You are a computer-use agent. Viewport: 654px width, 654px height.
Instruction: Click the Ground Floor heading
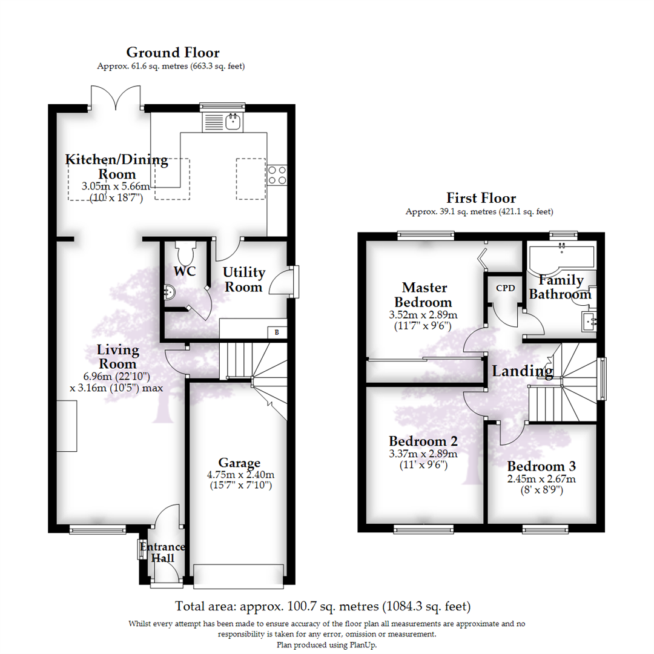click(173, 53)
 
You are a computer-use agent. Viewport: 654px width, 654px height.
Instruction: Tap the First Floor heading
click(481, 197)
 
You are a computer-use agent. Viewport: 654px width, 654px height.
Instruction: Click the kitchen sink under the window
click(223, 122)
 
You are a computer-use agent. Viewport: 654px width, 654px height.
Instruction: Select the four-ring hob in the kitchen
click(277, 175)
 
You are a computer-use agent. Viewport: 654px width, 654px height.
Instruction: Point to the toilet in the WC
click(185, 251)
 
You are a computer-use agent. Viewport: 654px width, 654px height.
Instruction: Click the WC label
click(184, 271)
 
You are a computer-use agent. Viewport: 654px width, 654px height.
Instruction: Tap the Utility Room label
click(243, 279)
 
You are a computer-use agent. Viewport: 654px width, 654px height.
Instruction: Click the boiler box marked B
click(277, 332)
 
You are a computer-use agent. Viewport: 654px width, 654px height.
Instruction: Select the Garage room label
click(239, 463)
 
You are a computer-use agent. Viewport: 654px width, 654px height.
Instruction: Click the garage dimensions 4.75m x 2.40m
click(240, 475)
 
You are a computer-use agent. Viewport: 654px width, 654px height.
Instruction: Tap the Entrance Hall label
click(163, 552)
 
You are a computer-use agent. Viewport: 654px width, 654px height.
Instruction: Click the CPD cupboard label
click(506, 288)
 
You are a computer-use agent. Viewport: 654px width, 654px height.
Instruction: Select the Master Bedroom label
click(424, 294)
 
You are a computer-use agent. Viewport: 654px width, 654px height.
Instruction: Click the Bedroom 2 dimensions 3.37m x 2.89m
click(423, 454)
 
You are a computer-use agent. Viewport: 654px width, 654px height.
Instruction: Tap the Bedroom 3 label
click(541, 466)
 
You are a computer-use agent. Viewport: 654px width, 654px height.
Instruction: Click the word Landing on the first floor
click(523, 371)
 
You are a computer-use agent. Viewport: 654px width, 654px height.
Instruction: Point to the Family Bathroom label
click(561, 287)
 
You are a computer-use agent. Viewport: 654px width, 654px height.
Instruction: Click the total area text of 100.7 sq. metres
click(323, 606)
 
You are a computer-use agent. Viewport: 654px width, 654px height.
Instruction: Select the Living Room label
click(117, 357)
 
